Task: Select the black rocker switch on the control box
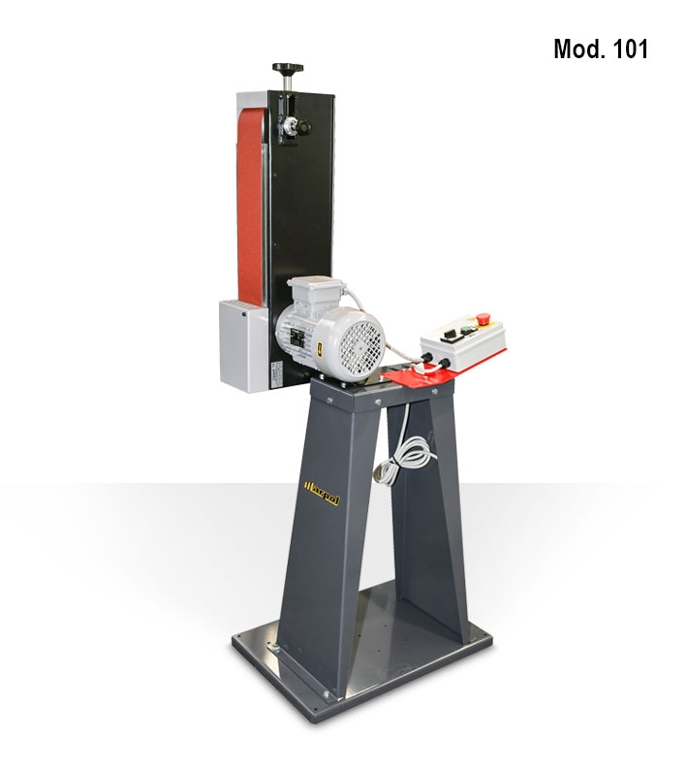tap(450, 336)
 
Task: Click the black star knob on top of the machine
tap(288, 68)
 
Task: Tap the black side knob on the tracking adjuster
tap(303, 128)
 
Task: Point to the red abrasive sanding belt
tap(251, 207)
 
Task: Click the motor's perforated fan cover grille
tap(360, 344)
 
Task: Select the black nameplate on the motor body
tap(297, 338)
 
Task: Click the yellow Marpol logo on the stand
tap(322, 494)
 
